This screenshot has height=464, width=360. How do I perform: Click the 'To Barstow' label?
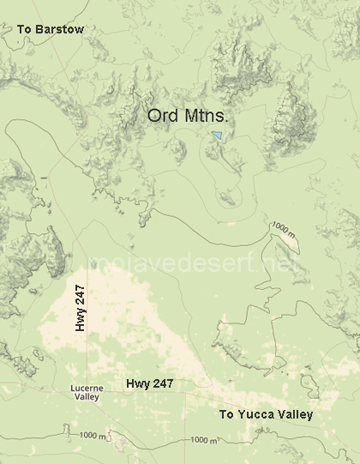[51, 30]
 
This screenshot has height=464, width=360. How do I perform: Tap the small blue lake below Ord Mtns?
[219, 135]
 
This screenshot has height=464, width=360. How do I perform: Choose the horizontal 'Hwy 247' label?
[150, 384]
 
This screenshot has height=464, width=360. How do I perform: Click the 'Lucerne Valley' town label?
[87, 393]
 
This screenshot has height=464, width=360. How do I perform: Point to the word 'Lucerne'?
[87, 389]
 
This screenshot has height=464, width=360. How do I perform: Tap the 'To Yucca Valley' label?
[266, 414]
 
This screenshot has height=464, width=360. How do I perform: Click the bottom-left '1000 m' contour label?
[92, 436]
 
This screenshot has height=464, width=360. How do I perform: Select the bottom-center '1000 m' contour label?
[204, 439]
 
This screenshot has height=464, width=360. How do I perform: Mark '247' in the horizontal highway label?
[163, 384]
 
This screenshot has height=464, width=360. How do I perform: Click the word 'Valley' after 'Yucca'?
[294, 414]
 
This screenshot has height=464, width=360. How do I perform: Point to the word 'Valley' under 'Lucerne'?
[87, 398]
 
